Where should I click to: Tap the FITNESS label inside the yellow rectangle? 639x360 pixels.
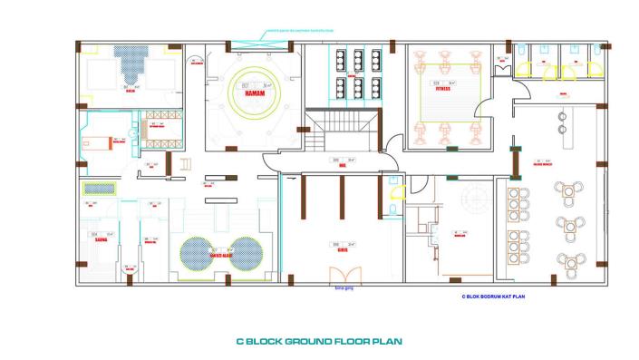pyautogui.click(x=442, y=89)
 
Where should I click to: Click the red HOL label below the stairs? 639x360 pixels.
pyautogui.click(x=343, y=166)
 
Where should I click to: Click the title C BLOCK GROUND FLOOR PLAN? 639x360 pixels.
pyautogui.click(x=318, y=342)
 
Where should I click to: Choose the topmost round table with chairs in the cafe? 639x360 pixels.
pyautogui.click(x=571, y=190)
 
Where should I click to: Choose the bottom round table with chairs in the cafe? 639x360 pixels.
pyautogui.click(x=571, y=263)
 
